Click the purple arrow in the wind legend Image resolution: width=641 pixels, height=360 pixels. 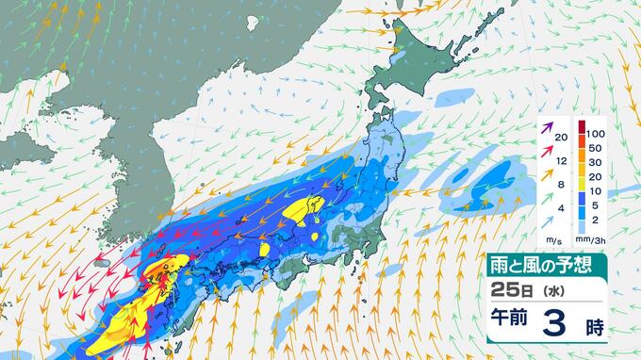[547, 127]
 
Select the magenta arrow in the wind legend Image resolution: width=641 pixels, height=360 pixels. [547, 149]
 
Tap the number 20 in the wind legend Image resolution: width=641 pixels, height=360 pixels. [562, 138]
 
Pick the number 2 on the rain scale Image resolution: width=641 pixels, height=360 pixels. [593, 219]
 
